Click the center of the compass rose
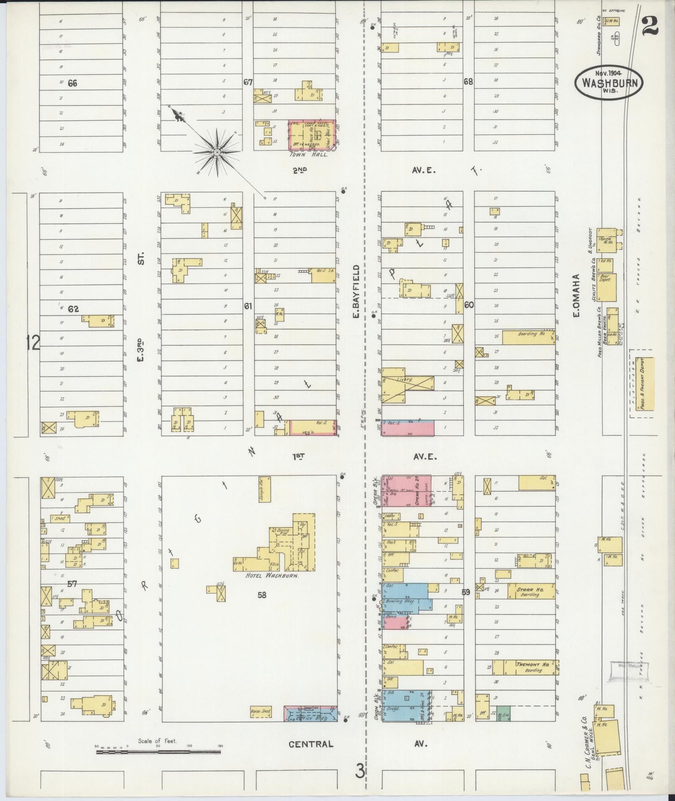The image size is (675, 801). (x=217, y=152)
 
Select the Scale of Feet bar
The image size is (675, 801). (x=158, y=459)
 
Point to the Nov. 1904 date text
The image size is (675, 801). (x=608, y=72)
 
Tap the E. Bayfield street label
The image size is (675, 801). (x=356, y=291)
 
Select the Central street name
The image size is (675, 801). (x=311, y=451)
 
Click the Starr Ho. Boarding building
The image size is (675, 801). (x=530, y=591)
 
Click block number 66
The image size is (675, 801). (x=72, y=83)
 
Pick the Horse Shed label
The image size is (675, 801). (x=260, y=711)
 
